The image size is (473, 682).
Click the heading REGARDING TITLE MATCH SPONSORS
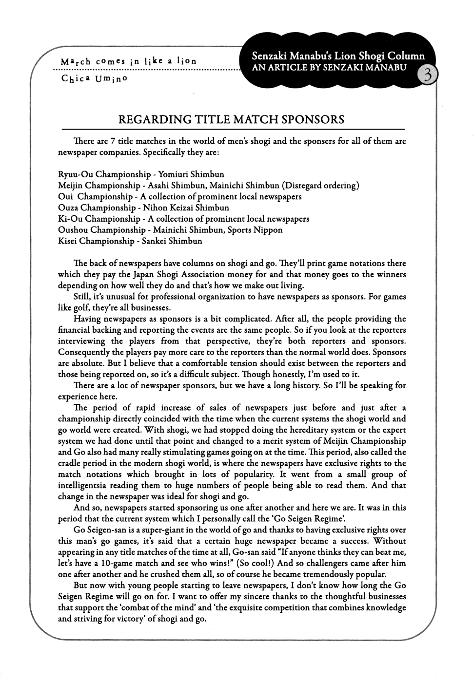[232, 120]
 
